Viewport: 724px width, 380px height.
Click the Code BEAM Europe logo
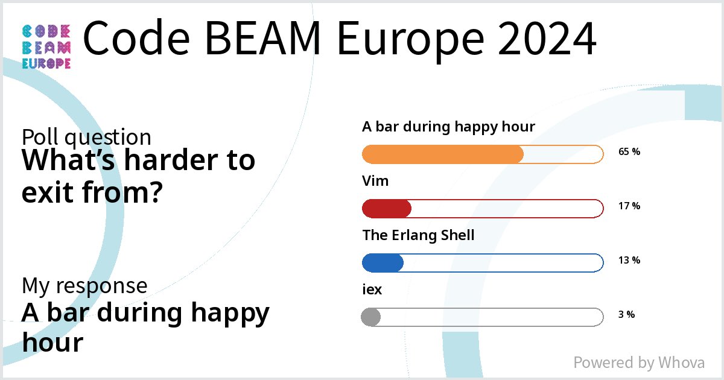tap(46, 47)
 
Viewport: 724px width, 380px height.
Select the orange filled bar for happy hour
tap(442, 154)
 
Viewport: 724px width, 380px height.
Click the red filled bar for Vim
tap(386, 209)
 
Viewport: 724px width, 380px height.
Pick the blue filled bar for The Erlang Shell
tap(383, 263)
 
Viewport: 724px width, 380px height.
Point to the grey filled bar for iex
tap(370, 317)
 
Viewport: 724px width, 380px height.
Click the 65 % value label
tap(629, 152)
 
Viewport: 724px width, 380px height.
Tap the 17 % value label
tap(629, 206)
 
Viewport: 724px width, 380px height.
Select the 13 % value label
tap(629, 261)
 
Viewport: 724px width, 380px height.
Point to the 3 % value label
tap(626, 314)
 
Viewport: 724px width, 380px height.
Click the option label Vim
tap(375, 181)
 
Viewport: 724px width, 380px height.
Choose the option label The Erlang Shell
tap(418, 235)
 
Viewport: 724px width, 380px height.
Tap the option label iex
tap(372, 290)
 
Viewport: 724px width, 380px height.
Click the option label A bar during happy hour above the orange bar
tap(448, 127)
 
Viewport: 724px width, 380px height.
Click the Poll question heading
tap(86, 138)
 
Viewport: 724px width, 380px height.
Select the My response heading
tap(84, 285)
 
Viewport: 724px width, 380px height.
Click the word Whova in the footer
tap(681, 363)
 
